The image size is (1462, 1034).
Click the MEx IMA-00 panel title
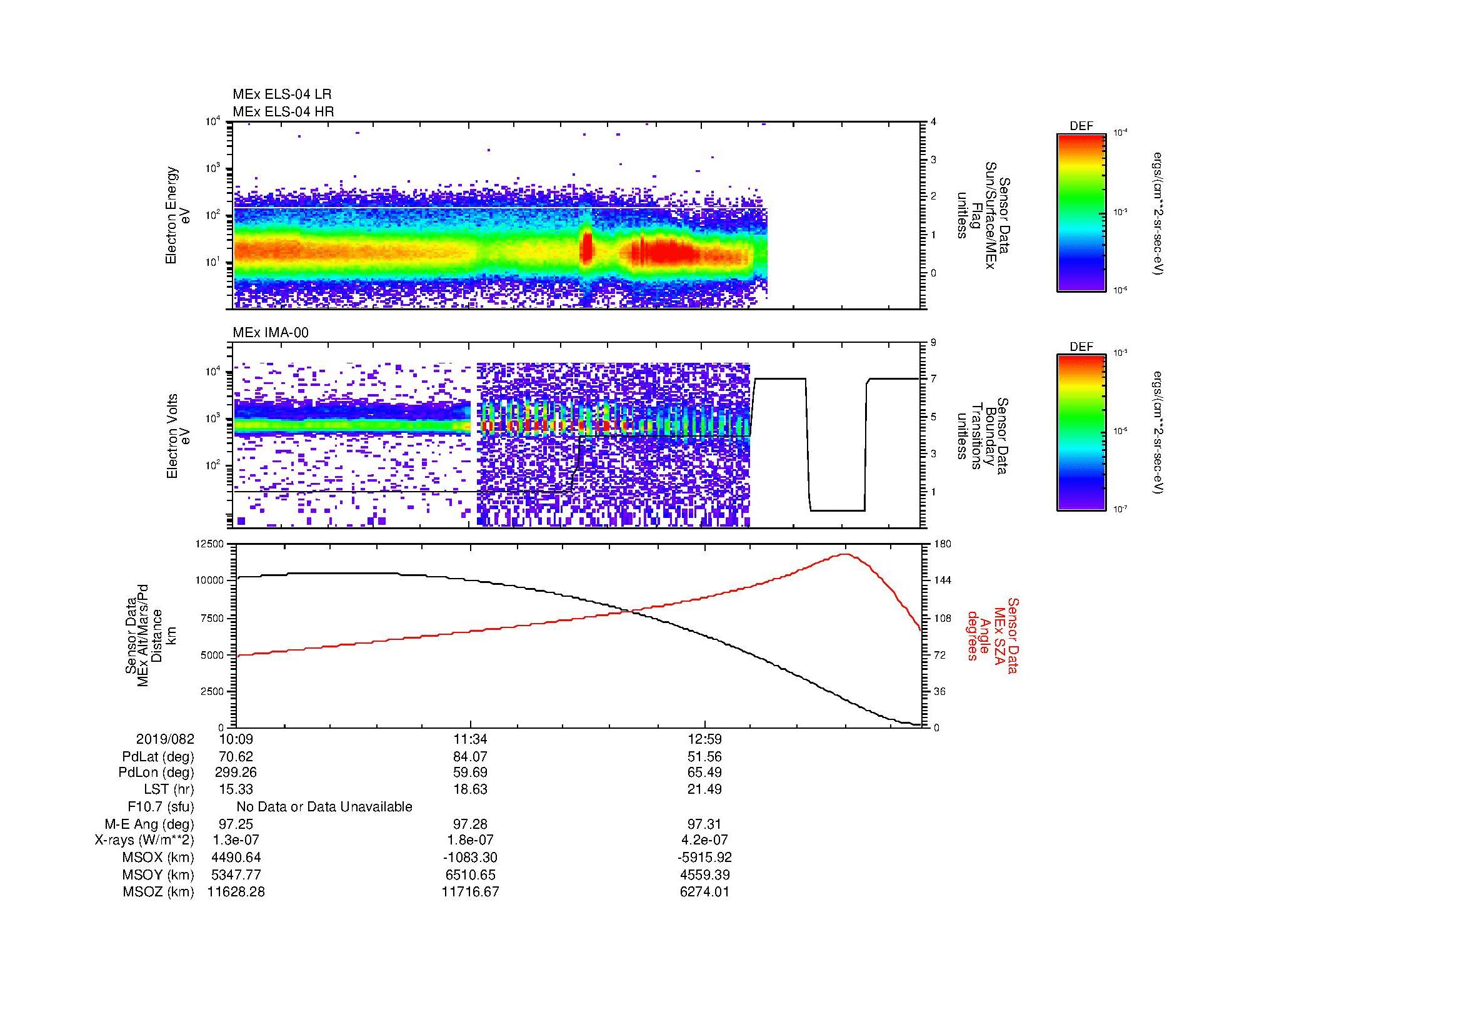[270, 333]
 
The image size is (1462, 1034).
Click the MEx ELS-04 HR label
[283, 111]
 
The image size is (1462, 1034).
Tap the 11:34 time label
[470, 739]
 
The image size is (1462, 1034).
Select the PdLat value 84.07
[470, 757]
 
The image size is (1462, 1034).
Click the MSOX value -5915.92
[704, 858]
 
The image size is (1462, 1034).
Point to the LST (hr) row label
[169, 789]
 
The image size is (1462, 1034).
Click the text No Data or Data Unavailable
[324, 807]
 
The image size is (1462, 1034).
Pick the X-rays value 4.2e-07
[704, 840]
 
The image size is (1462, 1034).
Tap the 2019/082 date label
[165, 739]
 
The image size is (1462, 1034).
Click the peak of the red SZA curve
[846, 554]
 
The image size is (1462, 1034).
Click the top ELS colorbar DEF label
[1081, 126]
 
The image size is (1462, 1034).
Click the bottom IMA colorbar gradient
[1081, 433]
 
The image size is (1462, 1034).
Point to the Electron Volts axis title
[171, 436]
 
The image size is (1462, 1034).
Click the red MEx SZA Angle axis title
[993, 635]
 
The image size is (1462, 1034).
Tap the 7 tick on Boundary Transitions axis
[933, 379]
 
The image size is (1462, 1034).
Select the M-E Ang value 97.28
[470, 824]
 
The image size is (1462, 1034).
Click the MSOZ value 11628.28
[236, 892]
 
